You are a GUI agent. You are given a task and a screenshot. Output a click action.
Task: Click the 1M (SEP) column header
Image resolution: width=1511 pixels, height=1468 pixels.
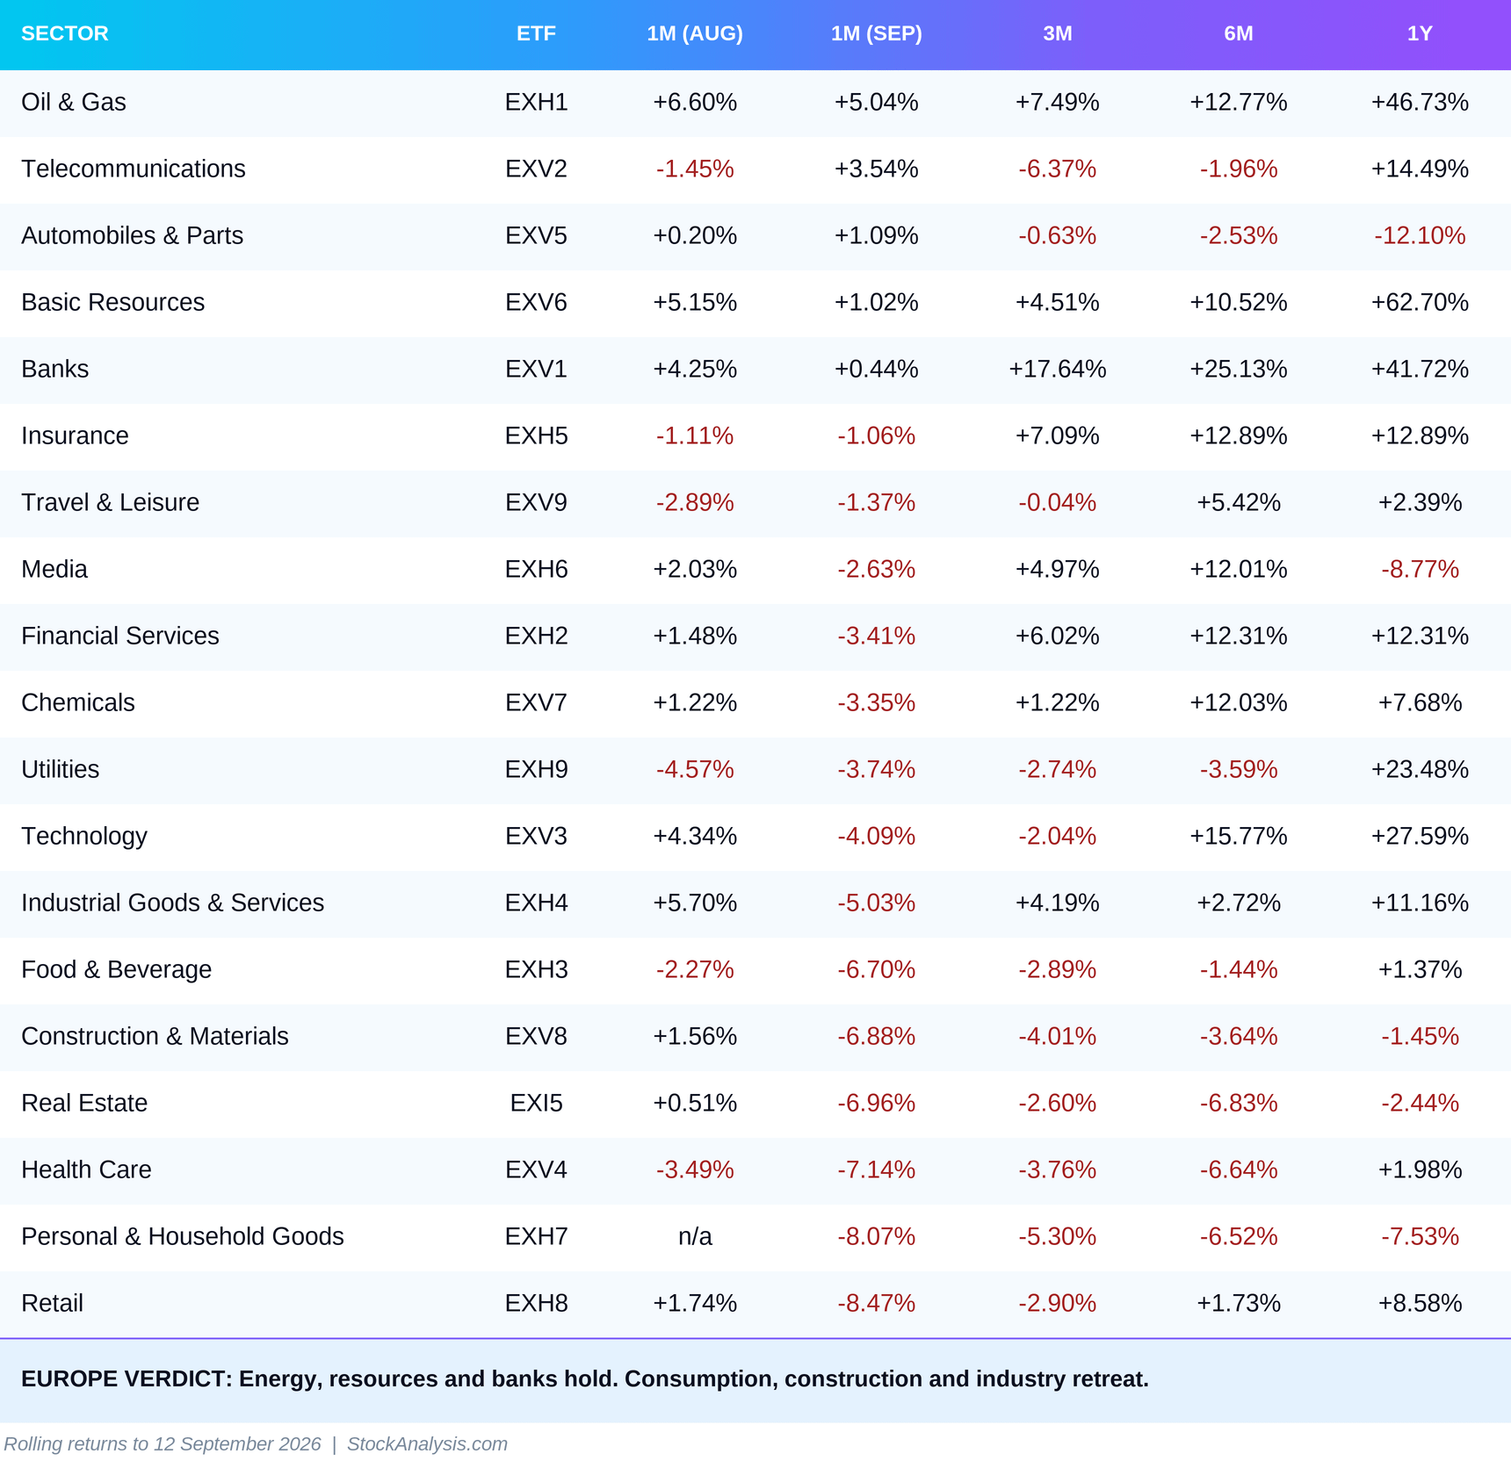coord(876,33)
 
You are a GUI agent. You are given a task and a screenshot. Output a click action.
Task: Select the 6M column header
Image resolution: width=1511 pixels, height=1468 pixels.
coord(1239,33)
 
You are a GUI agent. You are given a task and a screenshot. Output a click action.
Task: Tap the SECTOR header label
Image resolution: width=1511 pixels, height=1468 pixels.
coord(65,33)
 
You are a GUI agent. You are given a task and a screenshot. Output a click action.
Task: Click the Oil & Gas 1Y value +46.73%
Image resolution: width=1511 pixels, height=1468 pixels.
coord(1420,102)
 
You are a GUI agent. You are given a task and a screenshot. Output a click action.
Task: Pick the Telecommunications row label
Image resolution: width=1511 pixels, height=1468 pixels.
coord(134,169)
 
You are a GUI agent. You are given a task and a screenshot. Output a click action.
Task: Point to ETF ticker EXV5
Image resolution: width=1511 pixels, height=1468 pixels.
coord(536,235)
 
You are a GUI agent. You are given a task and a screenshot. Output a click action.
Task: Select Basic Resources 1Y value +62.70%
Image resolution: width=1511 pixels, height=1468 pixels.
coord(1420,302)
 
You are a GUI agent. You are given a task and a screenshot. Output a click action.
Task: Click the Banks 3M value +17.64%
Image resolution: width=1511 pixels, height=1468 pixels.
coord(1057,369)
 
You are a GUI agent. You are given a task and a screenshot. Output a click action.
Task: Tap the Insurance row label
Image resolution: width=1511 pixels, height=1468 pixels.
coord(75,435)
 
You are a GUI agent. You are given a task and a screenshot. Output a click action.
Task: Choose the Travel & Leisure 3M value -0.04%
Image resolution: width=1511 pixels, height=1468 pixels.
coord(1057,502)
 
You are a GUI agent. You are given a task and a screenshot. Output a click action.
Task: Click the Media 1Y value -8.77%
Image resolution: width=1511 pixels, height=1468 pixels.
coord(1420,569)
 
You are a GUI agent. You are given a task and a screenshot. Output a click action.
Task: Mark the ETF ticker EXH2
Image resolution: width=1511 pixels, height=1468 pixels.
coord(536,636)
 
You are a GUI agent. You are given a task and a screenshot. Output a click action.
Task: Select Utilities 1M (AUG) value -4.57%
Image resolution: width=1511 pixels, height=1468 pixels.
coord(695,769)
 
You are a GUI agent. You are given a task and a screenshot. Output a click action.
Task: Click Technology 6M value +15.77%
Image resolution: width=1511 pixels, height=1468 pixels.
coord(1239,836)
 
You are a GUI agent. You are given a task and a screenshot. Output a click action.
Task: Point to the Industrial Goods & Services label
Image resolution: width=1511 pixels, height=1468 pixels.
coord(172,903)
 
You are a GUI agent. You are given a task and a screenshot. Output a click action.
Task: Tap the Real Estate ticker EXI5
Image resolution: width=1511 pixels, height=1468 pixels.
coord(536,1103)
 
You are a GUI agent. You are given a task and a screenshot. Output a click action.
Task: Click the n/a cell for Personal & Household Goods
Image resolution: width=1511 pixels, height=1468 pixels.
coord(695,1236)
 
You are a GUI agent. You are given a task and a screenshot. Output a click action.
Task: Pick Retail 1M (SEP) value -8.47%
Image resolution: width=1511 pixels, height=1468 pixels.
coord(876,1303)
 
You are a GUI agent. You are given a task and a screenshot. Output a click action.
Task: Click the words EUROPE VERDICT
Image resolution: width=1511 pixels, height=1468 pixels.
coord(126,1378)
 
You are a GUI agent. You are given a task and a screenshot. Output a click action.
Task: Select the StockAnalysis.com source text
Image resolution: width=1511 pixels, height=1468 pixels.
coord(427,1444)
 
